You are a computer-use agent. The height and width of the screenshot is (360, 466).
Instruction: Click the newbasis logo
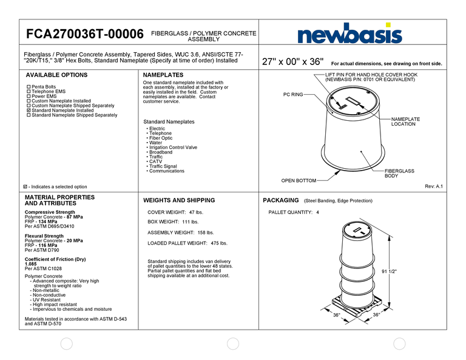349,34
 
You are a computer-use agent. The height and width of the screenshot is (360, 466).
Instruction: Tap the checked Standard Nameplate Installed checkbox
29,110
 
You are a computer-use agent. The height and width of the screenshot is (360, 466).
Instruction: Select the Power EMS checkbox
29,97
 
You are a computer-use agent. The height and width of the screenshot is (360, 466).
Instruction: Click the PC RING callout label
293,95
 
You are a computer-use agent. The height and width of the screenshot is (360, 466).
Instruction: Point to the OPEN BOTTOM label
299,181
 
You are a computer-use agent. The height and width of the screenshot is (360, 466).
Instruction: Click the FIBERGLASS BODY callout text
399,174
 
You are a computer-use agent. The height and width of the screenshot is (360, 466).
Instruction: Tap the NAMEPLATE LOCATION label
405,121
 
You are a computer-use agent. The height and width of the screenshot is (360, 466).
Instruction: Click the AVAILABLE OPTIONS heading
56,75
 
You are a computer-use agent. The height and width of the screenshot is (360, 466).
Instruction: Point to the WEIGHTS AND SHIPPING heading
178,200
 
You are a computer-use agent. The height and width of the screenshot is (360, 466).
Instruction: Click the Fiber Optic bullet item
161,138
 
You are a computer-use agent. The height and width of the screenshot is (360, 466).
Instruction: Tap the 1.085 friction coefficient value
31,264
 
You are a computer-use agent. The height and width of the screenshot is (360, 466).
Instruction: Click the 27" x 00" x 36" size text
292,62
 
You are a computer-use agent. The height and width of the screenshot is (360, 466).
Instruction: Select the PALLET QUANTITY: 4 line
293,212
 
